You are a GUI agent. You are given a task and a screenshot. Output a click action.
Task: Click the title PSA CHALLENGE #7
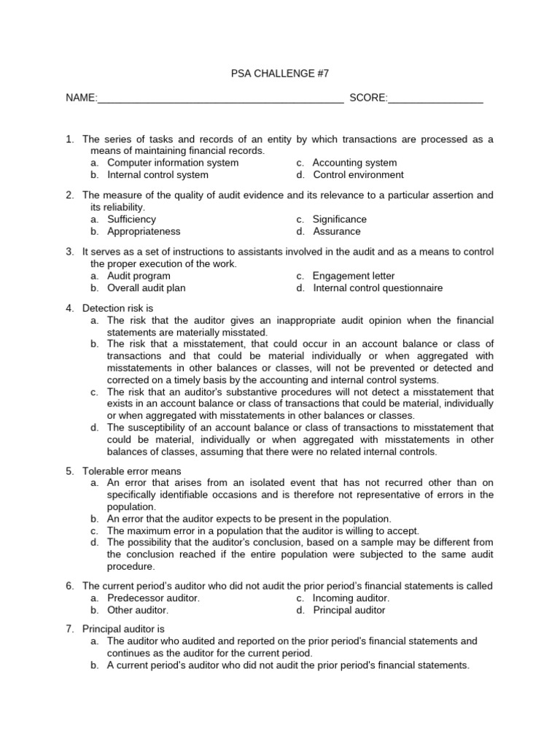tap(280, 73)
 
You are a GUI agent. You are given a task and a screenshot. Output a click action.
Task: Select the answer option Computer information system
tap(173, 163)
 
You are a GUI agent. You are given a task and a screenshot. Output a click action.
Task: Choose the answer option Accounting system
tap(354, 163)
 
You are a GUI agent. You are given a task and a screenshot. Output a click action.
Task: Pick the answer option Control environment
tap(358, 175)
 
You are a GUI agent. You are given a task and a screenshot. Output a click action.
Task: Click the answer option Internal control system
tap(157, 175)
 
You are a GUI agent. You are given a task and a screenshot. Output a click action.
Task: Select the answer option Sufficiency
tap(131, 219)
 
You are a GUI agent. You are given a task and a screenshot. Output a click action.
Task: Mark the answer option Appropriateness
tap(144, 231)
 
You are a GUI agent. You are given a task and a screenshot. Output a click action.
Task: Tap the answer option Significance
tap(339, 219)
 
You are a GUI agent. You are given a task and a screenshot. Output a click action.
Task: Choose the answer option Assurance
tap(336, 231)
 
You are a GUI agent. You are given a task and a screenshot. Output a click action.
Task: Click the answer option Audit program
tap(139, 276)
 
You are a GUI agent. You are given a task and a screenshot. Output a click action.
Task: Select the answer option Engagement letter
tap(354, 276)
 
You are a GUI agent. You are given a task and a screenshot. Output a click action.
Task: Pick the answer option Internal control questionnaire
tap(378, 288)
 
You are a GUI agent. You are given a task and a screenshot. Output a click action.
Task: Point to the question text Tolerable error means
tap(132, 471)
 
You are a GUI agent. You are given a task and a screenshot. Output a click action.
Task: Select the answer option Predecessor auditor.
tap(153, 597)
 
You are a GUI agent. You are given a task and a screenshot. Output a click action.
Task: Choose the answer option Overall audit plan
tap(147, 288)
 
